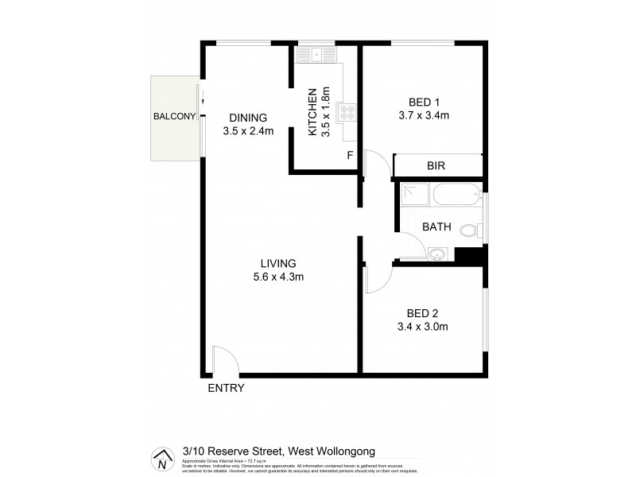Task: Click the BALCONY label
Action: point(174,117)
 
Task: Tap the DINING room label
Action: point(248,117)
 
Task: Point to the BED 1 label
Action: point(423,102)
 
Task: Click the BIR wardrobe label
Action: point(436,166)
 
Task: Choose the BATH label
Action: point(436,227)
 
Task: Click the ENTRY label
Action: point(226,389)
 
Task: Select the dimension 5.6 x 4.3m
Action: point(277,277)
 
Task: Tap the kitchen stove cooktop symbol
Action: point(347,112)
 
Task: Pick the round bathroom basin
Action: point(437,254)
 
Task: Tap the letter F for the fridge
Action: point(350,156)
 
